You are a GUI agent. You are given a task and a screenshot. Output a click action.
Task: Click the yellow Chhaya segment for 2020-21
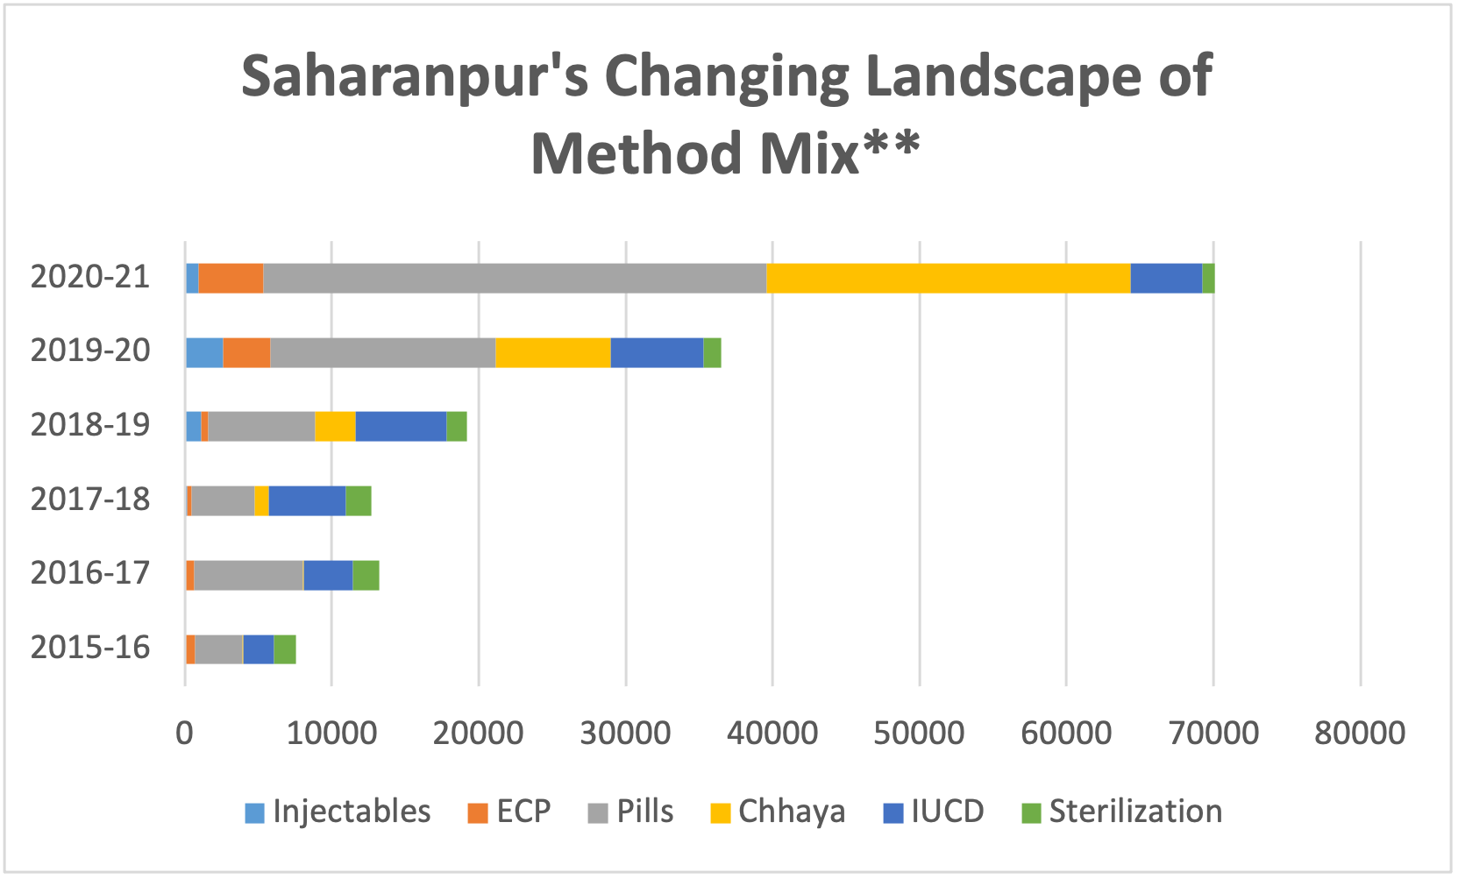tap(948, 278)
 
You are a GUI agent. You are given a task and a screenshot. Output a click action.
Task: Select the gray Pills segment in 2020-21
tap(515, 278)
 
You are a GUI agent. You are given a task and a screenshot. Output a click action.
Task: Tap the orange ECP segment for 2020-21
tap(231, 278)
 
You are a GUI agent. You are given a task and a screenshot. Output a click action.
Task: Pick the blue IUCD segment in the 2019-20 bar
tap(657, 352)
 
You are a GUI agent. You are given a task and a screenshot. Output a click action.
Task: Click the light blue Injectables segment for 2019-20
tap(204, 352)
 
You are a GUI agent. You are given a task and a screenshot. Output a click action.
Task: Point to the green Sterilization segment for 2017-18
tap(358, 500)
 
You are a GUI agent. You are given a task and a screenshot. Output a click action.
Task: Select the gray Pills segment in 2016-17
tap(248, 575)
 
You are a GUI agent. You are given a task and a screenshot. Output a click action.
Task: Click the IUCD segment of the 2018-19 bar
tap(401, 426)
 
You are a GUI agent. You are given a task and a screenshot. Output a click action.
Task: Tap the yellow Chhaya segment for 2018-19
tap(335, 426)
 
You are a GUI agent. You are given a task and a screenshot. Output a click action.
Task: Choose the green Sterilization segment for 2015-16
tap(285, 649)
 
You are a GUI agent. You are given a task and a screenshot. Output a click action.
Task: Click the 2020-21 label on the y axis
tap(90, 278)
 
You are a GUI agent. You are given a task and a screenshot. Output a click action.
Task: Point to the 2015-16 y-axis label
tap(90, 649)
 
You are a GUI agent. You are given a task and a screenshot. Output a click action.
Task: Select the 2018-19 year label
tap(90, 426)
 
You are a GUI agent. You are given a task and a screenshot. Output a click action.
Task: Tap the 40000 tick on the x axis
tap(772, 733)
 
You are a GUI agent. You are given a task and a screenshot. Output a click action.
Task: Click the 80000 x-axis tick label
tap(1360, 733)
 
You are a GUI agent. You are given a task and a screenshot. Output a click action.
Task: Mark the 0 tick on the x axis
tap(184, 733)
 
